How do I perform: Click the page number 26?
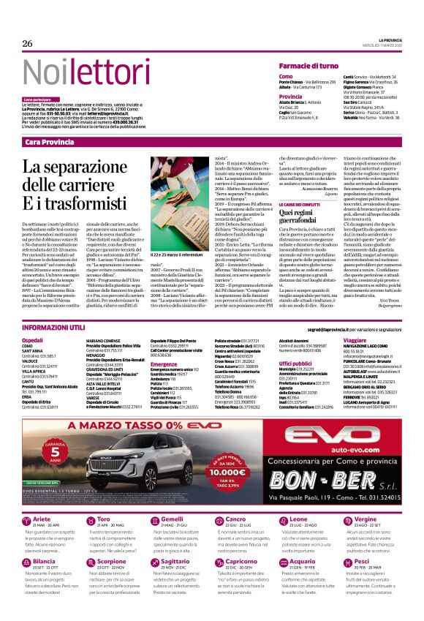[x=27, y=44]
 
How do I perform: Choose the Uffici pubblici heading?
[x=295, y=363]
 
